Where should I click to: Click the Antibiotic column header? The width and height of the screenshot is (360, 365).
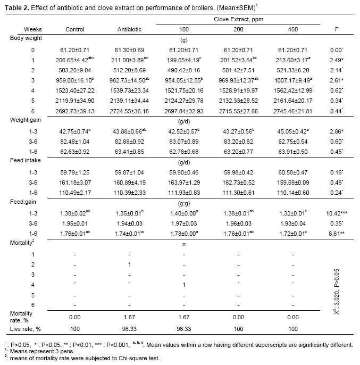click(x=129, y=29)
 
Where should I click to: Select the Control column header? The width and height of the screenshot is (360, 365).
click(x=74, y=29)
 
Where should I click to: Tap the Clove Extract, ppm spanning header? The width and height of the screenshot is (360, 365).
click(x=238, y=19)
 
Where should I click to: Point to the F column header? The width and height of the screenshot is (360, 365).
click(x=336, y=29)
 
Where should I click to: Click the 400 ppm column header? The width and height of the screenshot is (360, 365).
click(x=293, y=29)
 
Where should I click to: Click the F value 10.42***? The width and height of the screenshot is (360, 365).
click(x=337, y=213)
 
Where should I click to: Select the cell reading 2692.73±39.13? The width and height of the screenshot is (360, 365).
click(x=74, y=111)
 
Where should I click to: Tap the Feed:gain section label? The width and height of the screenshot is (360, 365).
click(x=23, y=202)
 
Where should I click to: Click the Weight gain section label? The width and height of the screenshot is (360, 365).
click(x=26, y=120)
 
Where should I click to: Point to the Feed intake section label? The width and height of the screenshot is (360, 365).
click(x=25, y=160)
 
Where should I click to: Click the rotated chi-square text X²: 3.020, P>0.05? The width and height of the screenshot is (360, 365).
click(x=337, y=292)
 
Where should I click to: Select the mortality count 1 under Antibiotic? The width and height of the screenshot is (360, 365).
click(x=129, y=264)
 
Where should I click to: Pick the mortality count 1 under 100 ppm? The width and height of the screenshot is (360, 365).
click(x=184, y=285)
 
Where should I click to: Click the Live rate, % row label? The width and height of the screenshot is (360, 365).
click(x=25, y=329)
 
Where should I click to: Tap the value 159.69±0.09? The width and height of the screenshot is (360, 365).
click(x=293, y=182)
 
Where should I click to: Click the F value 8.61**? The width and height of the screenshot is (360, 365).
click(x=337, y=234)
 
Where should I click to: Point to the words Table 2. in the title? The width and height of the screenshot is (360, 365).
click(x=17, y=8)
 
